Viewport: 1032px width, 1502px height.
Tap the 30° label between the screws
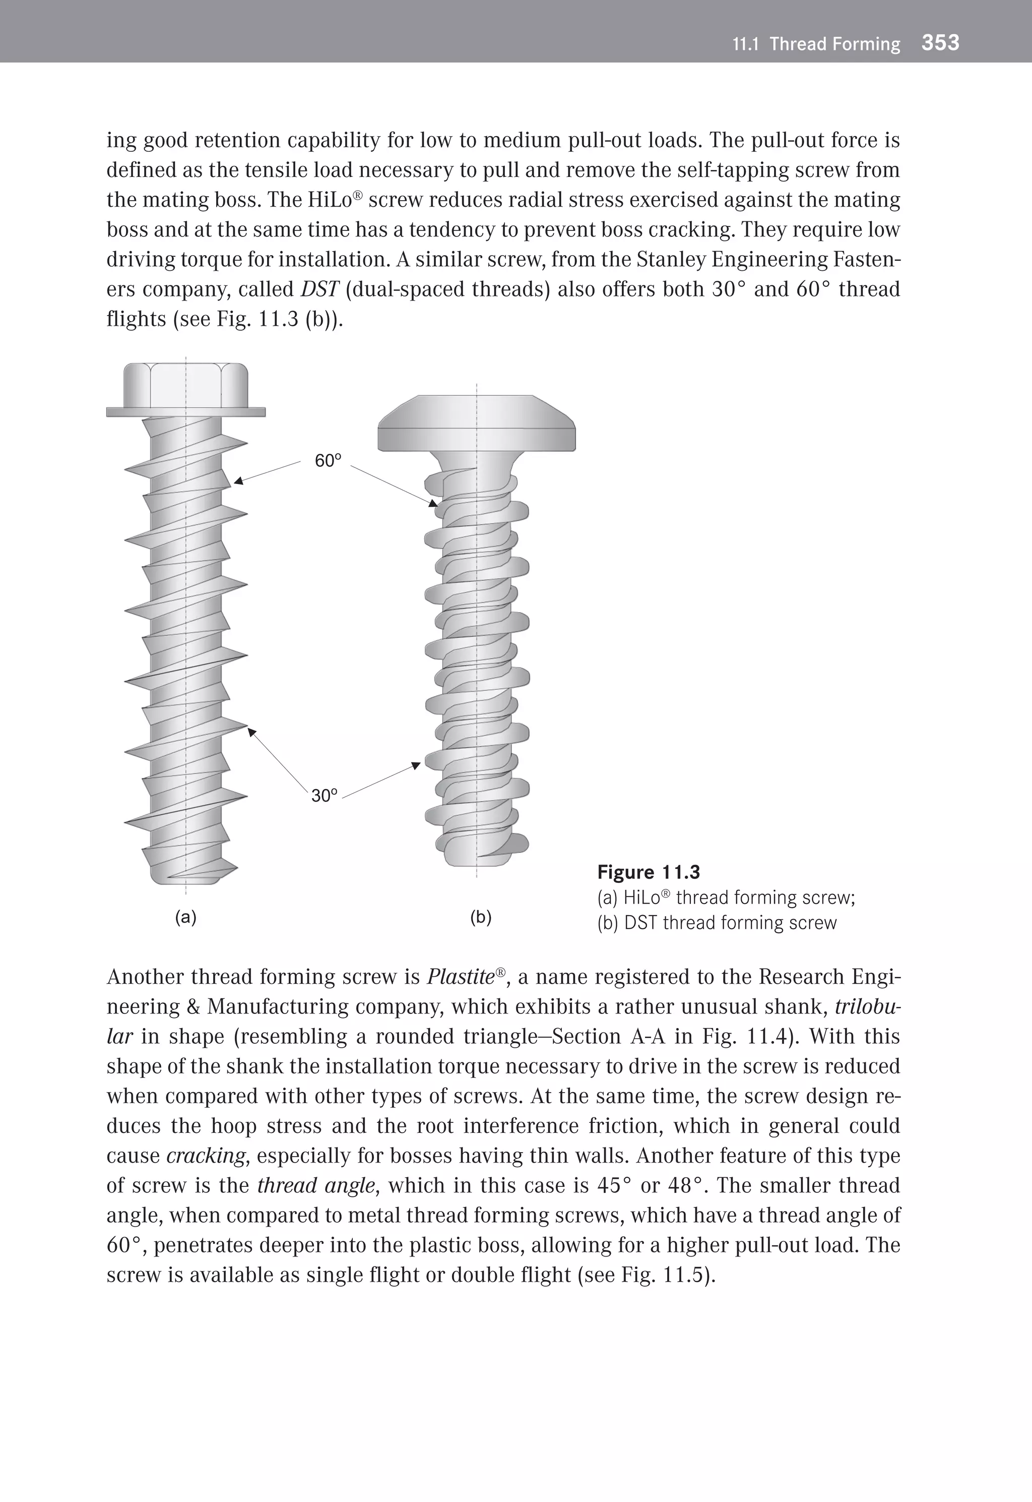[x=325, y=796]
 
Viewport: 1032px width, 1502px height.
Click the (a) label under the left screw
[x=185, y=917]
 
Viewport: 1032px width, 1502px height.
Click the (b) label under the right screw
[x=480, y=917]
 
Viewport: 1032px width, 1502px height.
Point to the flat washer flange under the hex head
[x=185, y=412]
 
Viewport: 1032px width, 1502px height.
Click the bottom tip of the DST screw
[x=477, y=860]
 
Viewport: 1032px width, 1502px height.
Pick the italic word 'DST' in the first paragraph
[x=319, y=288]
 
